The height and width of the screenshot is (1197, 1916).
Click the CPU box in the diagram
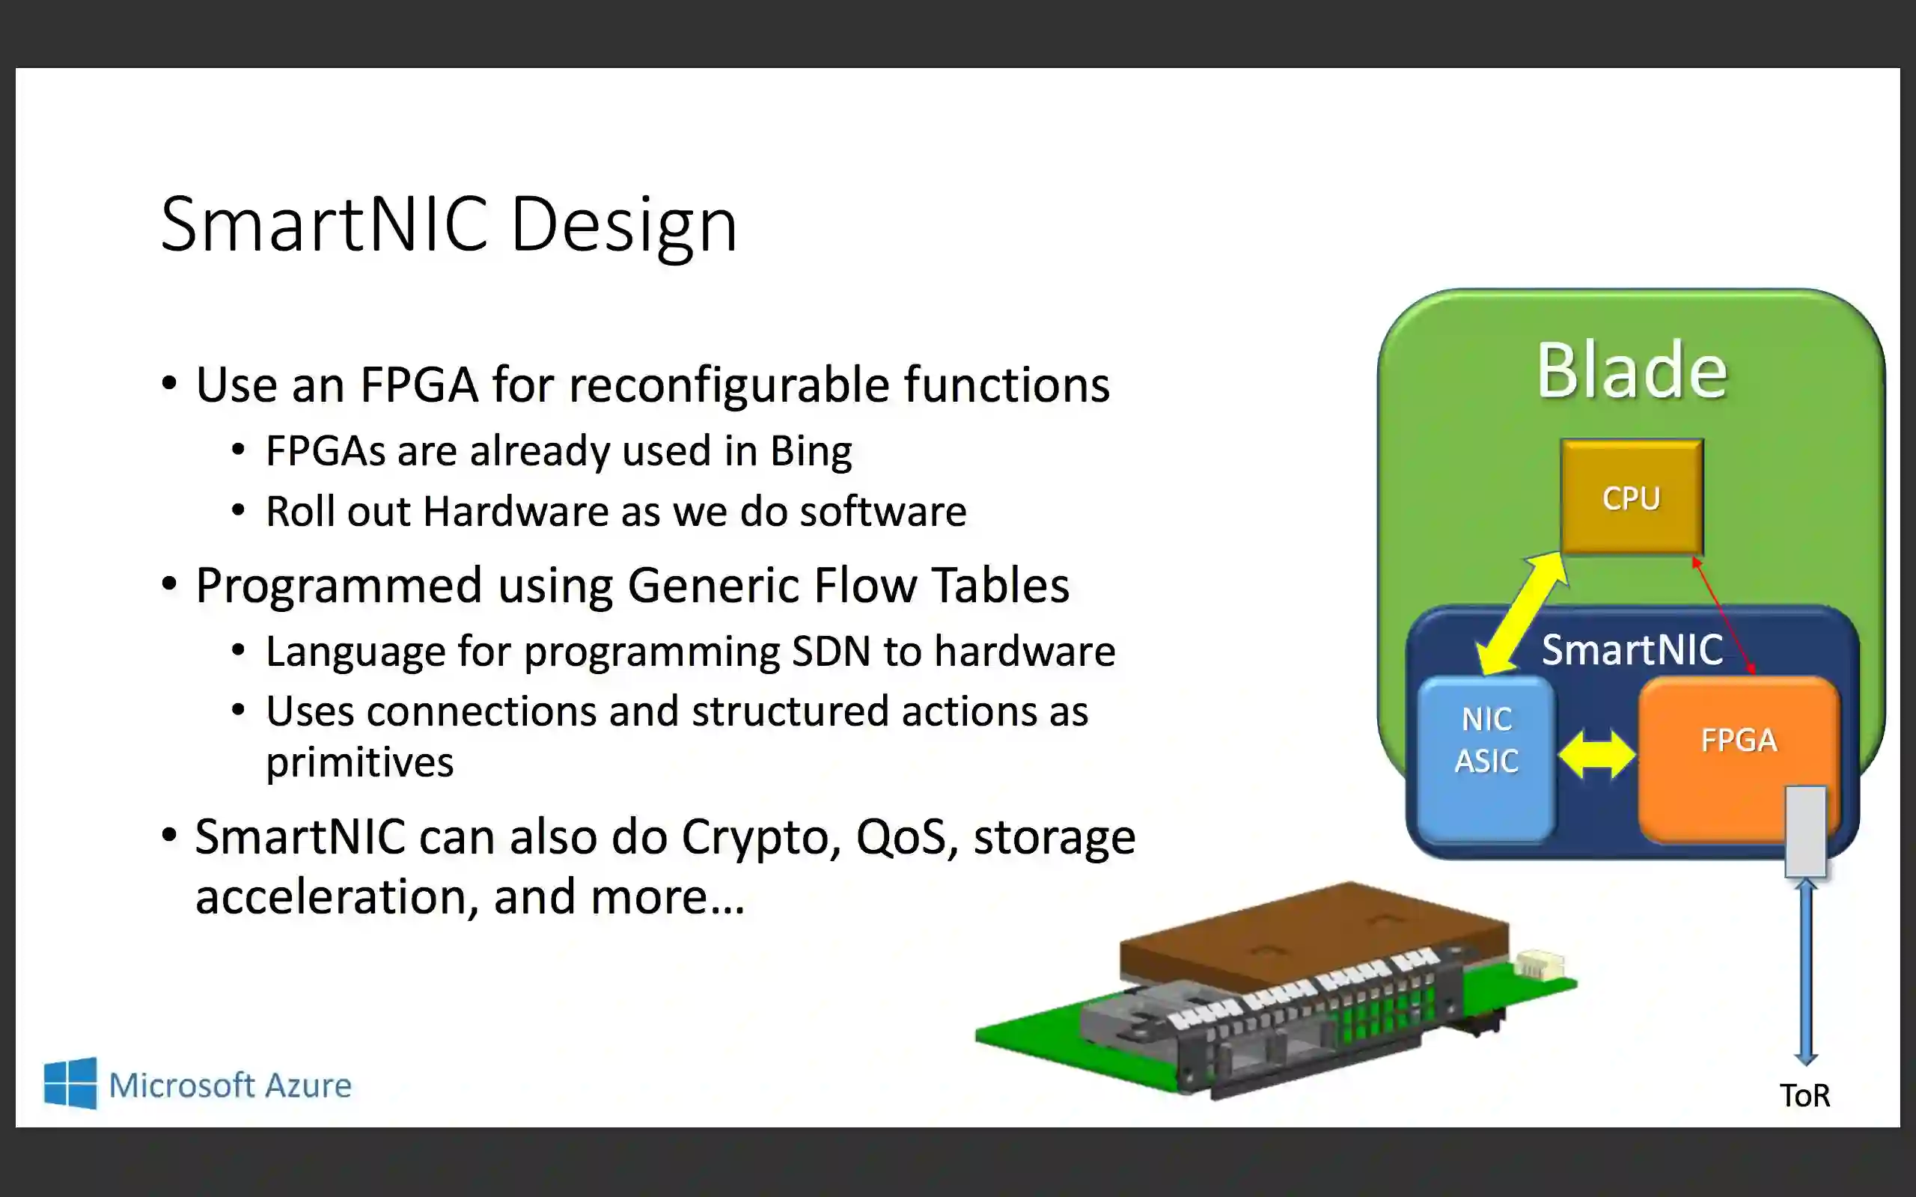click(1631, 498)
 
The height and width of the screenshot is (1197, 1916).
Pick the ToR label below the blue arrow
click(1804, 1096)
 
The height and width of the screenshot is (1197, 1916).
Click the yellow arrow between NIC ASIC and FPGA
click(1596, 753)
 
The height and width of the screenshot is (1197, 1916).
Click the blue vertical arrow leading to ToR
click(1806, 974)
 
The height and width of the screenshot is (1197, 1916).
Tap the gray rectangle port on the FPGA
click(1805, 831)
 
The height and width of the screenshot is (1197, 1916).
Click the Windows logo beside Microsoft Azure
click(70, 1083)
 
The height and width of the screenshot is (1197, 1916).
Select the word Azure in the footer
click(308, 1086)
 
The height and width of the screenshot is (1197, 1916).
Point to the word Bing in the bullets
click(811, 451)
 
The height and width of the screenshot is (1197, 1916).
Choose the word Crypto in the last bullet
click(761, 838)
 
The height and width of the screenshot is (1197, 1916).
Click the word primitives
click(359, 762)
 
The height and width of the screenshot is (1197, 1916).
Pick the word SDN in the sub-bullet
click(832, 652)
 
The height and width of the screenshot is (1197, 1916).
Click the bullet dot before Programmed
click(168, 584)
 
